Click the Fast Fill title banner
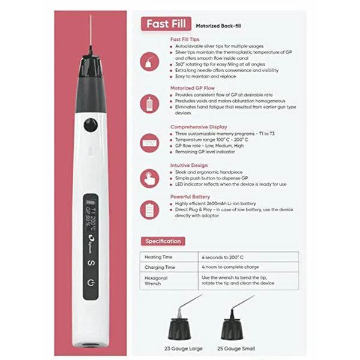point(165,25)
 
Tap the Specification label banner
point(163,241)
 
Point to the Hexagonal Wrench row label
point(158,281)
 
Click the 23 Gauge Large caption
point(184,348)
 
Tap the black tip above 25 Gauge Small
point(233,328)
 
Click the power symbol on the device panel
point(91,282)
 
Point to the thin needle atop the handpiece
point(91,33)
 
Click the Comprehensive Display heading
point(199,127)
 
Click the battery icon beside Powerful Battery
point(148,209)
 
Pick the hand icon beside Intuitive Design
point(148,176)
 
